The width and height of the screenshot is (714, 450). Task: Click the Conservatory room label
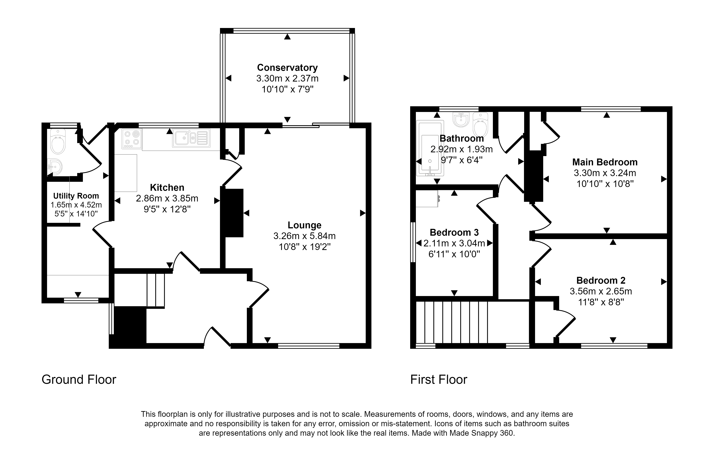(287, 68)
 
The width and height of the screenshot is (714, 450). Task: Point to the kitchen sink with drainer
(191, 138)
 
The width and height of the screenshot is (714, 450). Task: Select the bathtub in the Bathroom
(430, 148)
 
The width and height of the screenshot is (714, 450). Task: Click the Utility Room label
(76, 196)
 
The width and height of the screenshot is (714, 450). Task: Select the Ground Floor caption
(79, 379)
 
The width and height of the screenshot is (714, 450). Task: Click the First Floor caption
(438, 379)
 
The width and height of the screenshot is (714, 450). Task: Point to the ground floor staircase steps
(156, 290)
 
